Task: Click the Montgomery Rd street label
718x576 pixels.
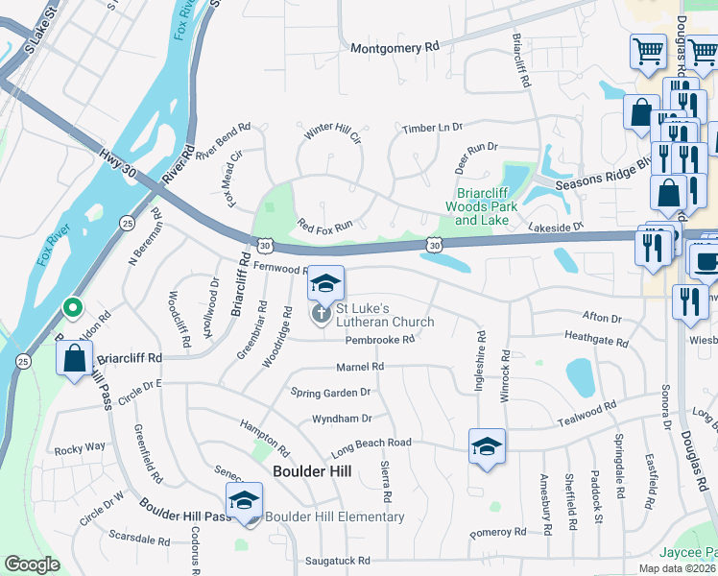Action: (x=395, y=47)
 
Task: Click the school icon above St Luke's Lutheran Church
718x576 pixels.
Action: (x=325, y=284)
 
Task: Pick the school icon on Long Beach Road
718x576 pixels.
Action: (x=487, y=446)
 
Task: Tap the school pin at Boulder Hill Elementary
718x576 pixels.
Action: (x=244, y=501)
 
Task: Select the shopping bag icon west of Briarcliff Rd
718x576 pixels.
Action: (x=75, y=360)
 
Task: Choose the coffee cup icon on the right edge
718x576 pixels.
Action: (x=706, y=260)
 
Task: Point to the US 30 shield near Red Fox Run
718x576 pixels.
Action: (x=265, y=246)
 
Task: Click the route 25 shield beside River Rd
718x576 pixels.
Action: (x=127, y=223)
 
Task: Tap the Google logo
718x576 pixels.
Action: (x=32, y=564)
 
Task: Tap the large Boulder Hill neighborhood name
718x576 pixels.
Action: (x=312, y=470)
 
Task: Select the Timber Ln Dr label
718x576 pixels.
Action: (x=432, y=128)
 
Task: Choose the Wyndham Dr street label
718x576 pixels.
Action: (x=341, y=419)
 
